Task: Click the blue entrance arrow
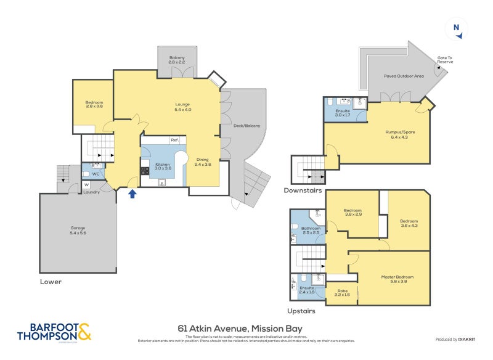132,194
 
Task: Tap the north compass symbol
456,28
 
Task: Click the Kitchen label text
162,165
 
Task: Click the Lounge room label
182,106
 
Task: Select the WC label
96,165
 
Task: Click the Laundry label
91,192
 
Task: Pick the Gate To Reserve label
445,60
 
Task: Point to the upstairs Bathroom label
311,229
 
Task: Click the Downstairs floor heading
303,190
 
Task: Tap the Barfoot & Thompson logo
54,332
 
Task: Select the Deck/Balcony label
248,126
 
